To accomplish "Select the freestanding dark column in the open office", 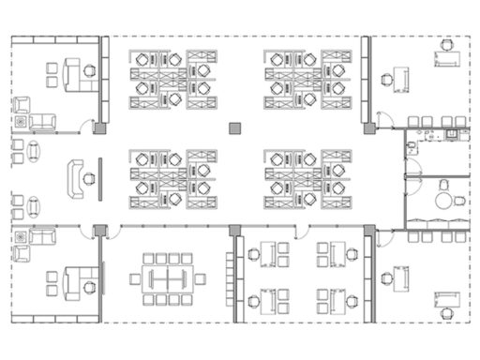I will (x=234, y=127).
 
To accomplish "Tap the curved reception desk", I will (x=74, y=177).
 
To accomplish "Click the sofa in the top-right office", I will (x=447, y=58).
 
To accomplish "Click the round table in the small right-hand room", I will (x=444, y=199).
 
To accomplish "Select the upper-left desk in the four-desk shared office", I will (x=267, y=252).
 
